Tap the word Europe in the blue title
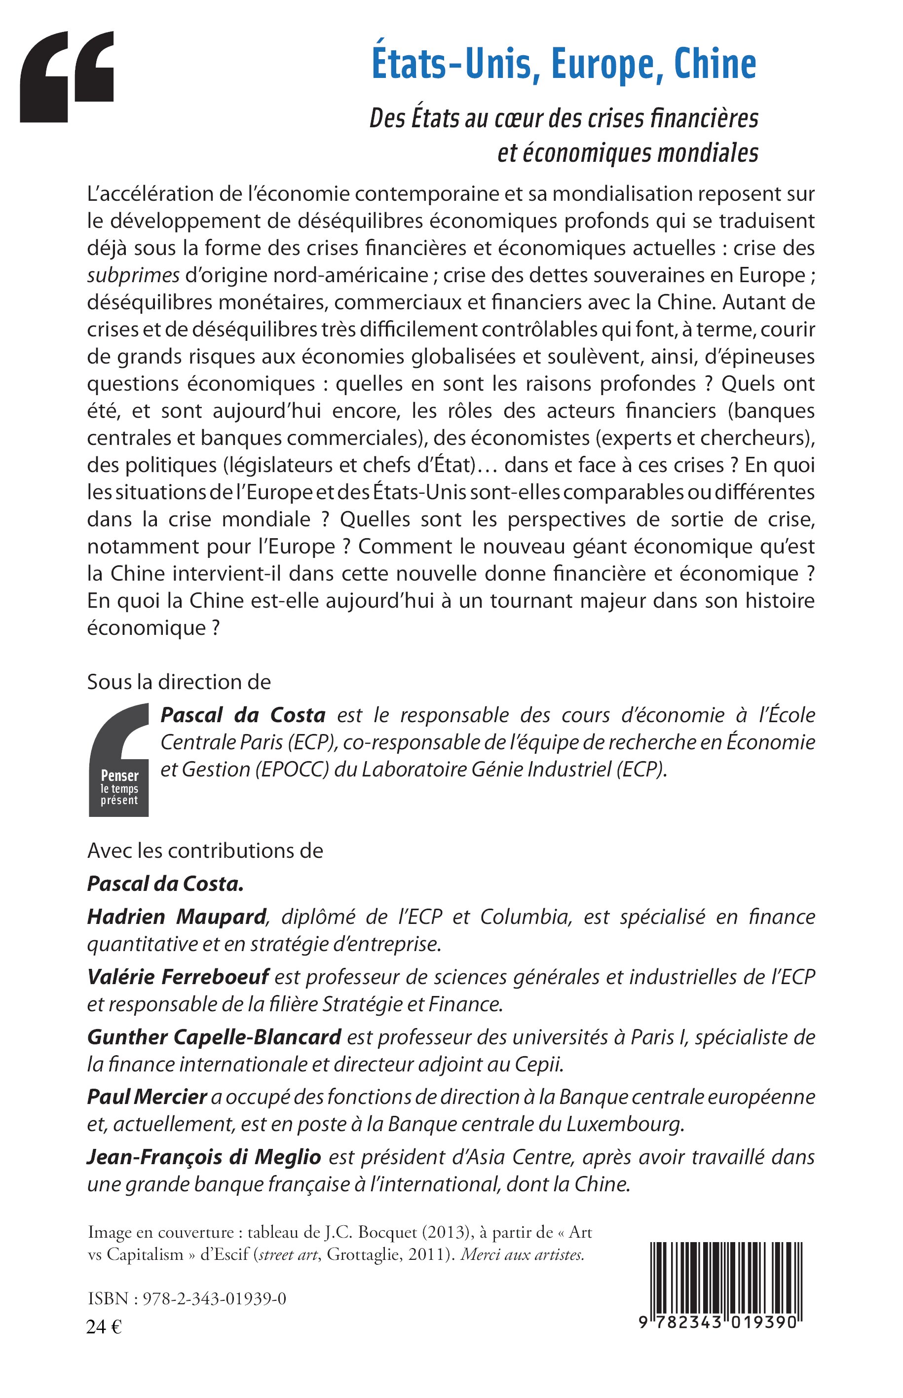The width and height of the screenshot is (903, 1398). (x=606, y=66)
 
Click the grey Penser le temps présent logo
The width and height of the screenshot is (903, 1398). (x=119, y=760)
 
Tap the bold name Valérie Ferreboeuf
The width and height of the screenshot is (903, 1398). (x=178, y=977)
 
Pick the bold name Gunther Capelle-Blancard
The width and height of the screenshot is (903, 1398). (x=214, y=1037)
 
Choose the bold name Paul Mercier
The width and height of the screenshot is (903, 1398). (x=147, y=1097)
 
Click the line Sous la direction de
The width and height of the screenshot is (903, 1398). (x=179, y=682)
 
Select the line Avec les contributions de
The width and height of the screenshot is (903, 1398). (x=205, y=850)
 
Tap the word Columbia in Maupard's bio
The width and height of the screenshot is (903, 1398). (x=526, y=917)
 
